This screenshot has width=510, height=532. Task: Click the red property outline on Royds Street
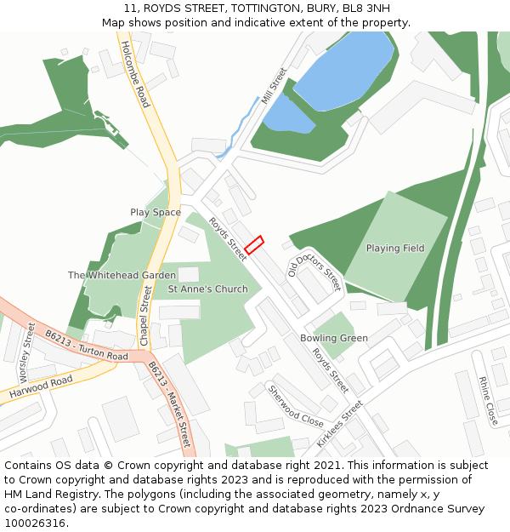click(x=254, y=244)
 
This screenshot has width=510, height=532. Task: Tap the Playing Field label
click(x=395, y=249)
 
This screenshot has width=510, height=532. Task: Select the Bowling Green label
click(x=334, y=338)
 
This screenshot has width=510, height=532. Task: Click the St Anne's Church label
click(x=207, y=289)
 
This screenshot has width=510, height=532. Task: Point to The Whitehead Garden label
click(x=122, y=276)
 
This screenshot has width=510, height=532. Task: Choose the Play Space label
click(x=156, y=212)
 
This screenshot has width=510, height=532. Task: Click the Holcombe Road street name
click(x=135, y=74)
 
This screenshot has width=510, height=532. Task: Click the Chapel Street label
click(x=144, y=316)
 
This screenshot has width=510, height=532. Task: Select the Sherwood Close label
click(x=296, y=407)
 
